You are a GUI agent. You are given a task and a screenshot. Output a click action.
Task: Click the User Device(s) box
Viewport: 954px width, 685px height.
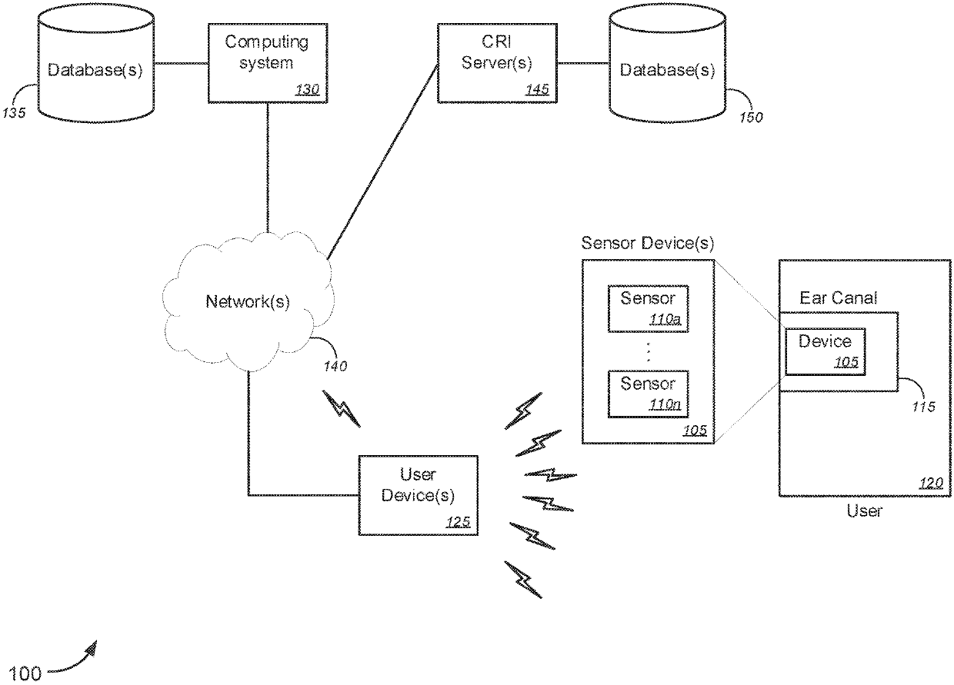[418, 495]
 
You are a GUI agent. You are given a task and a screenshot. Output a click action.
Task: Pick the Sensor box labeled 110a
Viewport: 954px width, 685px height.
[648, 308]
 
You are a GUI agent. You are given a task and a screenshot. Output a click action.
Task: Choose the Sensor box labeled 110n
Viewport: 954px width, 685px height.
[648, 393]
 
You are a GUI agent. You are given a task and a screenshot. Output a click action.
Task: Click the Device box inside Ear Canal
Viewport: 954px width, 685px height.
[826, 351]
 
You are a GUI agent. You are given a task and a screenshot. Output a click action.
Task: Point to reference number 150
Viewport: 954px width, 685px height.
[751, 118]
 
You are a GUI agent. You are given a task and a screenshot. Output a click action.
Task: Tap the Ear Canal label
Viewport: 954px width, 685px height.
[838, 298]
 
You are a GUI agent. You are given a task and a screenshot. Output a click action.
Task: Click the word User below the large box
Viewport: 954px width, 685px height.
[864, 510]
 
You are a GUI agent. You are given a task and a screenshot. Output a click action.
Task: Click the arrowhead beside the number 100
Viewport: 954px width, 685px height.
[92, 648]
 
